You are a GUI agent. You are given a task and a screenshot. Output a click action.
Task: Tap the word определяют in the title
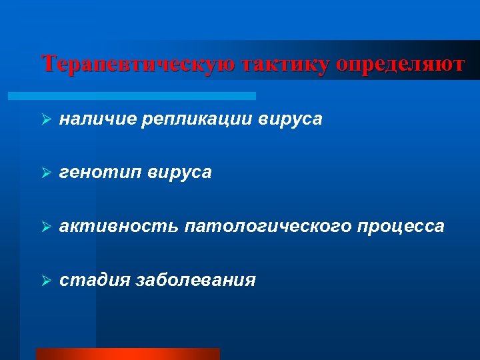tap(400, 64)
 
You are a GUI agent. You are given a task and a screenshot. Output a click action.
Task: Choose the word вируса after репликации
tap(291, 119)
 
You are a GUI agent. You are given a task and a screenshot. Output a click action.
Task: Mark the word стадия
tap(94, 280)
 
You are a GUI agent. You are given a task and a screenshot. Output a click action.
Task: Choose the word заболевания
tap(195, 280)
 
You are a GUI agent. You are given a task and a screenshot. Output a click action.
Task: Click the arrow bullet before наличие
tap(46, 119)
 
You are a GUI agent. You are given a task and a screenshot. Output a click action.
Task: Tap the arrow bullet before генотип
tap(46, 173)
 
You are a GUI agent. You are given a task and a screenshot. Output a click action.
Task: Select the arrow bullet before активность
tap(46, 227)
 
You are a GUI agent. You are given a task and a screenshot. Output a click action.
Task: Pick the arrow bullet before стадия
tap(46, 281)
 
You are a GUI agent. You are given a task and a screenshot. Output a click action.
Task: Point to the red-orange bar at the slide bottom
tap(127, 354)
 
